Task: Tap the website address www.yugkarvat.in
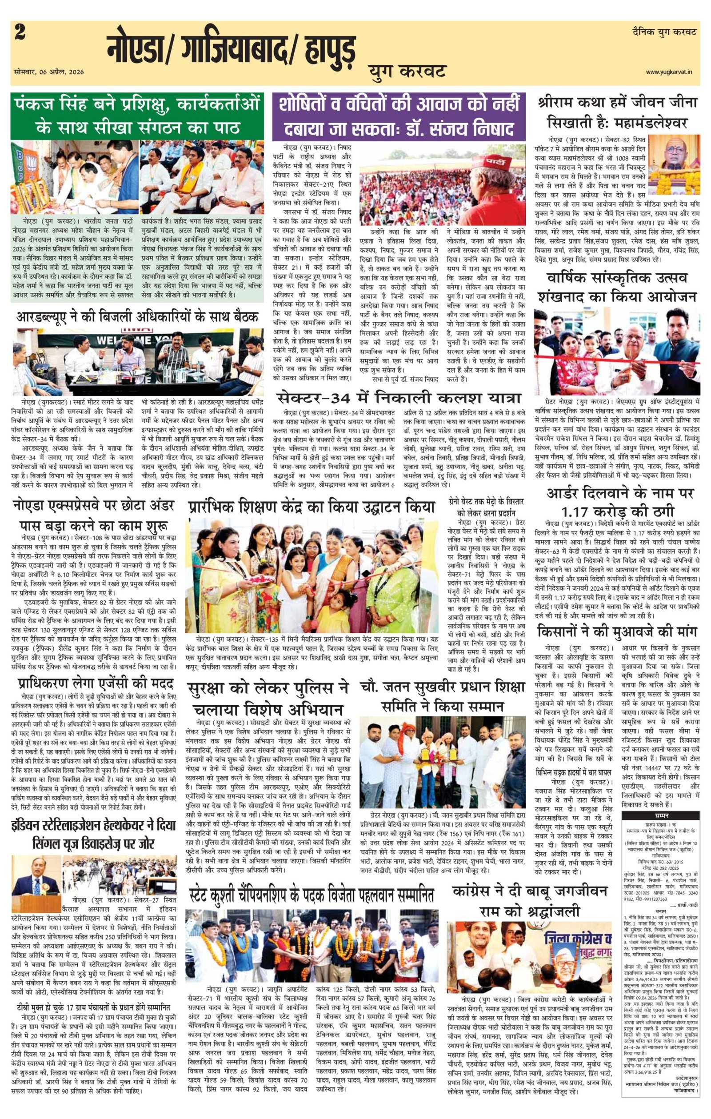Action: point(671,72)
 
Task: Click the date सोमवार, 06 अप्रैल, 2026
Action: point(47,72)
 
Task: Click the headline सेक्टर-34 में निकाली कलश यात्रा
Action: point(399,399)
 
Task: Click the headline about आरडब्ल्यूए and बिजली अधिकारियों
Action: point(137,317)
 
